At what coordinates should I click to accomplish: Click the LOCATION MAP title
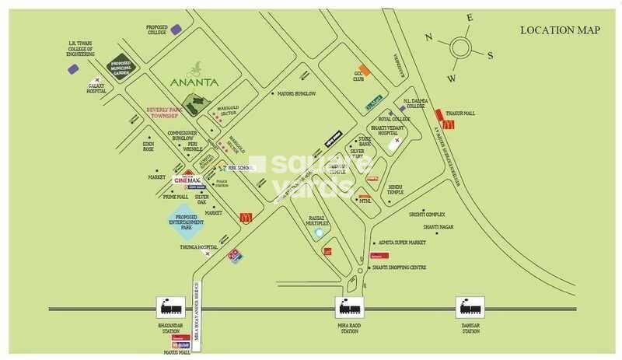click(560, 30)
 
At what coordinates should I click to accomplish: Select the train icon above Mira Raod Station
click(348, 307)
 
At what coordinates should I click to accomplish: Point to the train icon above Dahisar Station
click(469, 307)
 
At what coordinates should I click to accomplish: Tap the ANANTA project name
click(195, 81)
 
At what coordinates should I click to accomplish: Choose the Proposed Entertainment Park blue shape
click(187, 224)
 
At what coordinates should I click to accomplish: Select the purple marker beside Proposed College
click(176, 30)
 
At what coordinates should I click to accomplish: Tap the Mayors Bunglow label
click(296, 93)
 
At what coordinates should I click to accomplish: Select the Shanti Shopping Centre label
click(399, 267)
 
